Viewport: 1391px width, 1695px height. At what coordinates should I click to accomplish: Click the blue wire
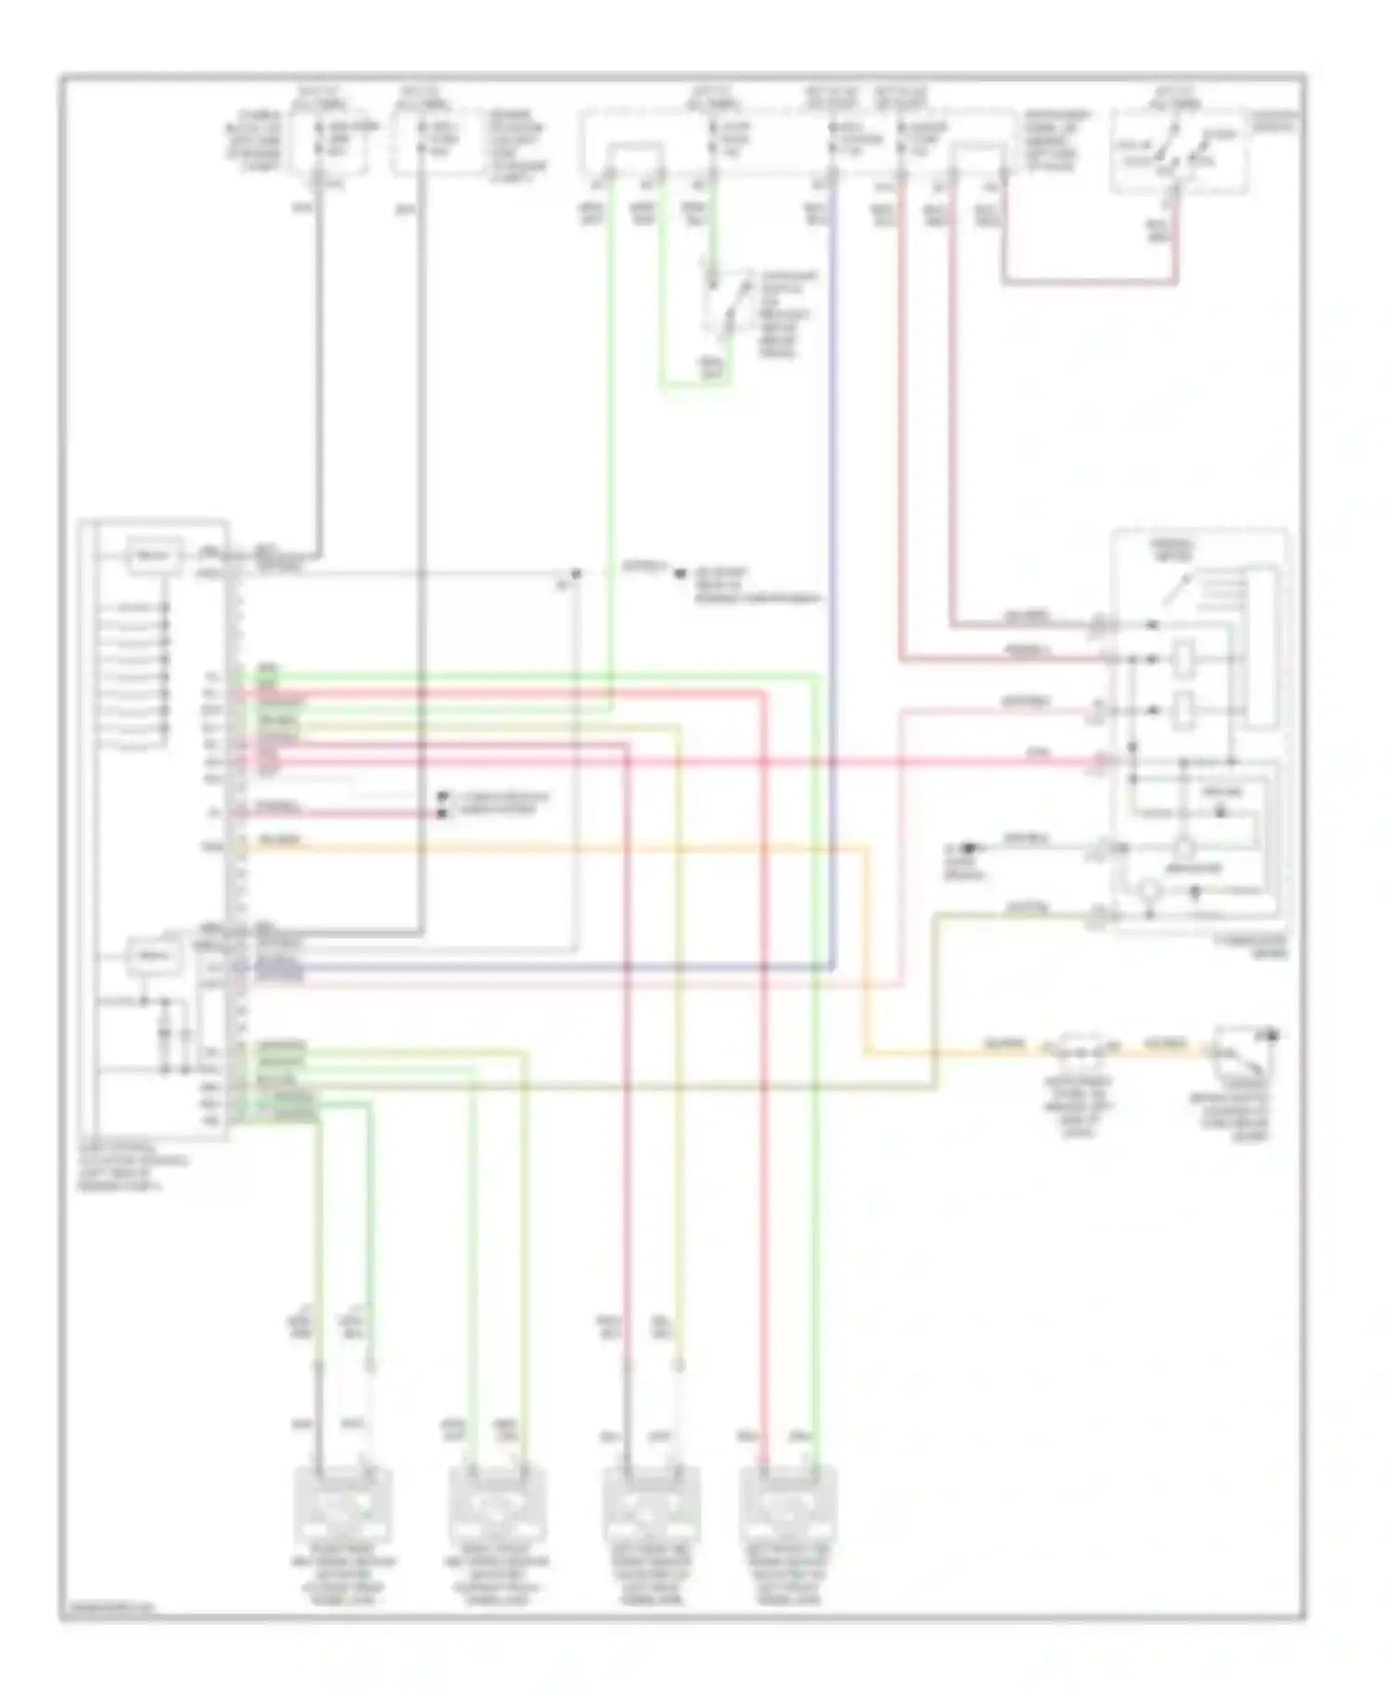point(833,556)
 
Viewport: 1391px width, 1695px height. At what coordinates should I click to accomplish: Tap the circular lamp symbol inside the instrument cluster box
point(1150,890)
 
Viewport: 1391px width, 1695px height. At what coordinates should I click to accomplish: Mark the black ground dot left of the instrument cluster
point(969,847)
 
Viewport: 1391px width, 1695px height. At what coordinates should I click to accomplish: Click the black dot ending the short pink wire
point(443,813)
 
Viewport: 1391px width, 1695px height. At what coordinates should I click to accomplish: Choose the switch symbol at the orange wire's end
point(1243,1048)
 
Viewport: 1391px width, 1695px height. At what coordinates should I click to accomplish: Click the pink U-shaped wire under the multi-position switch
point(1090,280)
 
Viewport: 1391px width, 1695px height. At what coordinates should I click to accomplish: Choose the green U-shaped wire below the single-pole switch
point(695,382)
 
